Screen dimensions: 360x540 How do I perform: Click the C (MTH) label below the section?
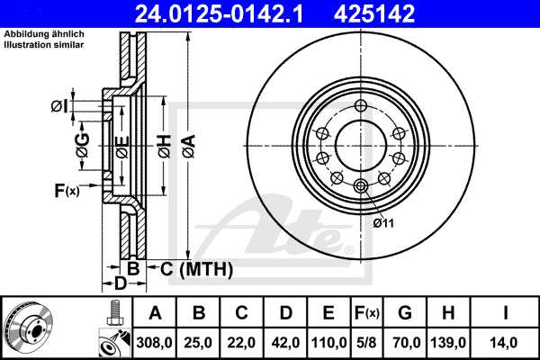(196, 268)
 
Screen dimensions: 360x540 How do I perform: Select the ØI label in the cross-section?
(58, 106)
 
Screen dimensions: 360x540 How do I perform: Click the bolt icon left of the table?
(113, 314)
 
